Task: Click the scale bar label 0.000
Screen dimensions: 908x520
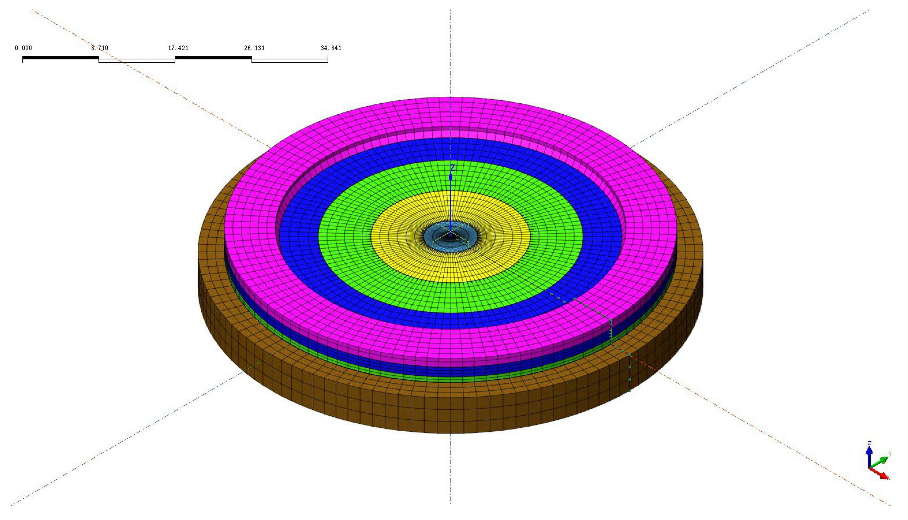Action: [23, 48]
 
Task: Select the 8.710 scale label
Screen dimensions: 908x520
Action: [100, 48]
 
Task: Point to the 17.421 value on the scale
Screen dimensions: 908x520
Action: [178, 48]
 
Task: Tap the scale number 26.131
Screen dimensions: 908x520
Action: [254, 48]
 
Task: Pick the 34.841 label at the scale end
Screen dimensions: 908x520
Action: [331, 48]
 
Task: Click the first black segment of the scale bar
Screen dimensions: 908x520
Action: [60, 57]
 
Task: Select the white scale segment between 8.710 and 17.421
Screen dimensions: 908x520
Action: [137, 61]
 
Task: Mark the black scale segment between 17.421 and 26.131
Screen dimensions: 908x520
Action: [214, 57]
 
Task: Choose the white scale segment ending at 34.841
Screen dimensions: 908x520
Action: [290, 61]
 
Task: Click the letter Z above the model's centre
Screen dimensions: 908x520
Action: [452, 168]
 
